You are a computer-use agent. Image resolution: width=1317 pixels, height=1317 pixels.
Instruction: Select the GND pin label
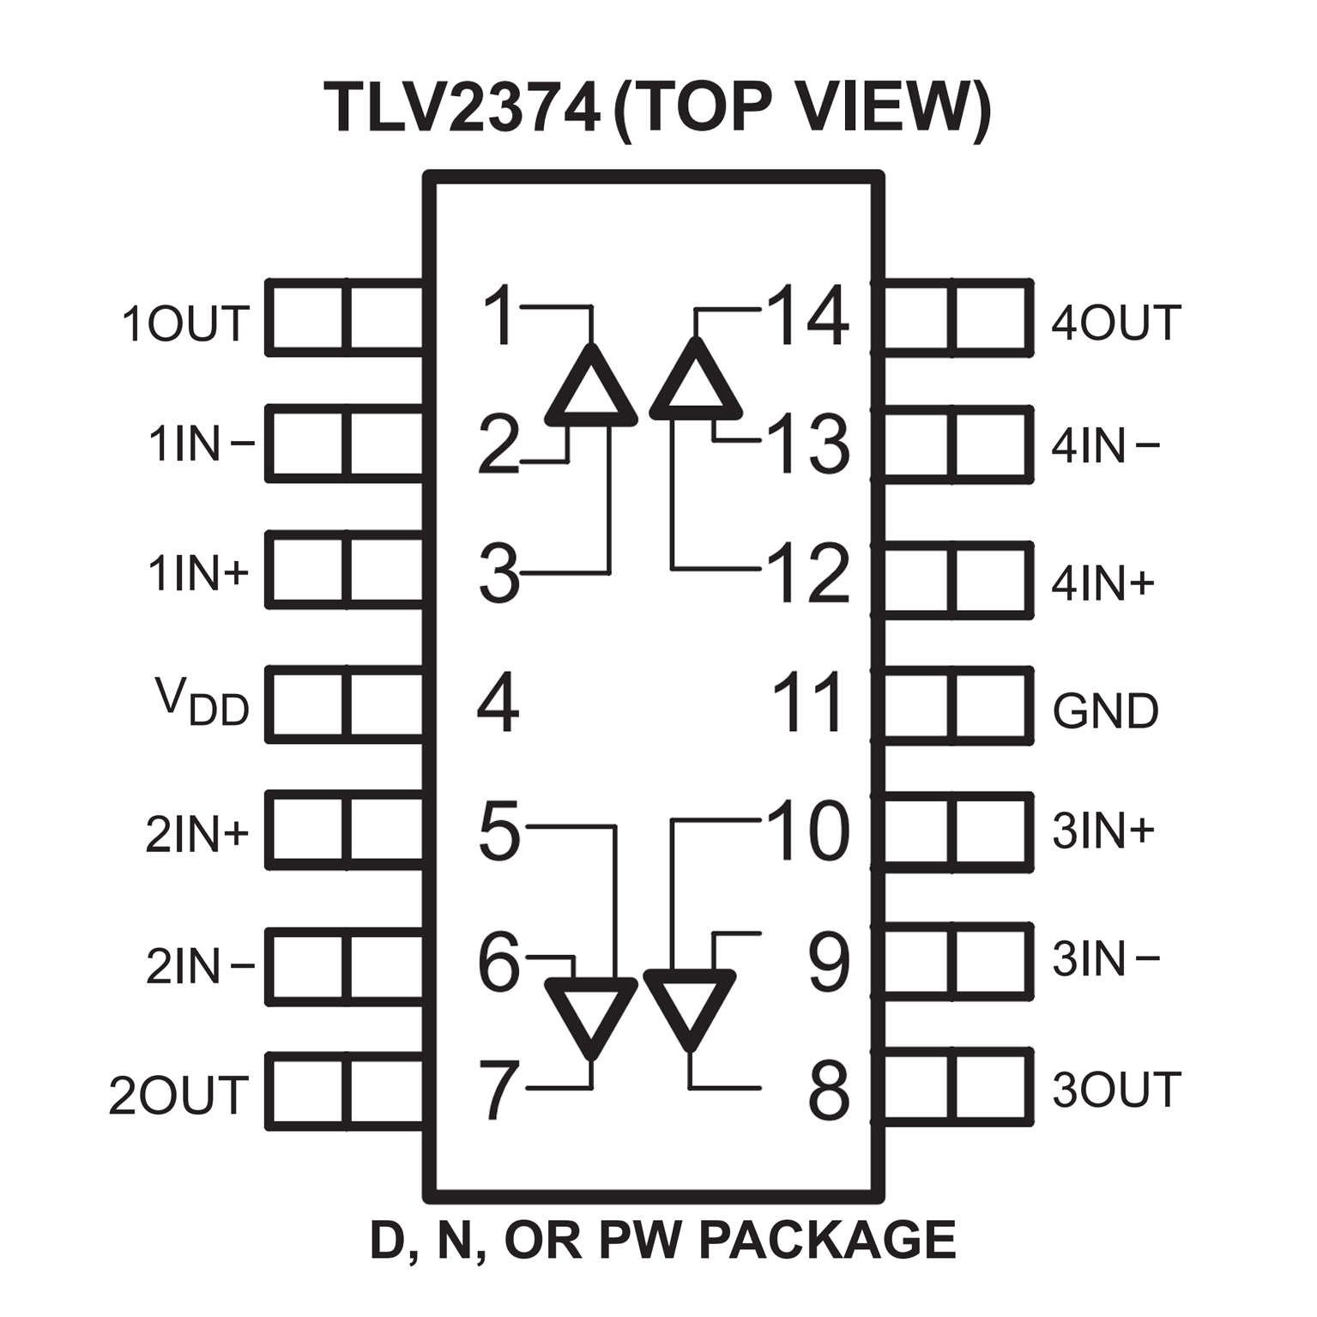[1105, 711]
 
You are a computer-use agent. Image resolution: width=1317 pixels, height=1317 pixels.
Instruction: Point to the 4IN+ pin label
[1103, 584]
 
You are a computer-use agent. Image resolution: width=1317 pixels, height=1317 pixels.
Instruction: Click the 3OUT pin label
[1116, 1090]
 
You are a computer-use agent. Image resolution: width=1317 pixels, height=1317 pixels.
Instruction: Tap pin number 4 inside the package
[498, 704]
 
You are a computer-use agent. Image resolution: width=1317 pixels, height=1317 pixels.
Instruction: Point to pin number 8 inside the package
[828, 1090]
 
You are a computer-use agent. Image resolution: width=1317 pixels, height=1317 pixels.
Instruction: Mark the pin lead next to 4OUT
[956, 317]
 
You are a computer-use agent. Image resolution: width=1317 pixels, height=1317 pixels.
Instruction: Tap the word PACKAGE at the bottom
[827, 1240]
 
